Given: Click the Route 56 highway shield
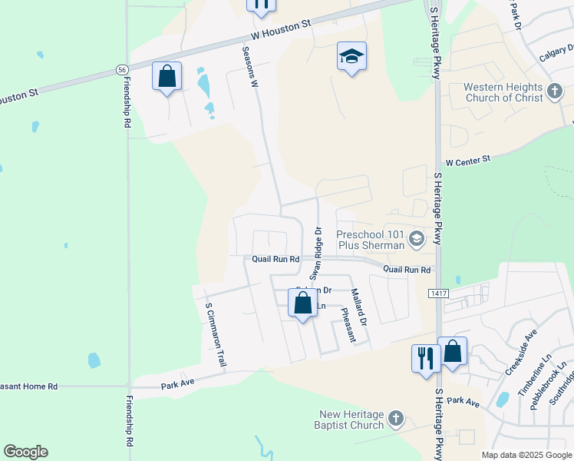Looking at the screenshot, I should [122, 69].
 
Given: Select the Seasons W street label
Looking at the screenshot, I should [249, 67].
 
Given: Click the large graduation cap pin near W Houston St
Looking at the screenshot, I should [351, 57].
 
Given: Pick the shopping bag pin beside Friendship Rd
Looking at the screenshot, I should [167, 77].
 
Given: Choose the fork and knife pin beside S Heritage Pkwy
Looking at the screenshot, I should [424, 359].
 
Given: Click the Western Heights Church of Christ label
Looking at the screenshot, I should [503, 93].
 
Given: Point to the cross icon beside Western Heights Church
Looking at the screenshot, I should [555, 93].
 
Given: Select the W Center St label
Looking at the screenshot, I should [467, 162].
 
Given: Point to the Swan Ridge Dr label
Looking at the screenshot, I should [315, 253].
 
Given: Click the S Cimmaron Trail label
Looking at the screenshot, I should [215, 334].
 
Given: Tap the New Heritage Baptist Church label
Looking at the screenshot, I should [351, 420].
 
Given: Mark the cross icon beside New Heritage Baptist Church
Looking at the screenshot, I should [395, 419].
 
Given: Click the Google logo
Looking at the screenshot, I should [25, 452].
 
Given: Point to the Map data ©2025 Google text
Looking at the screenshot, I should [526, 455].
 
